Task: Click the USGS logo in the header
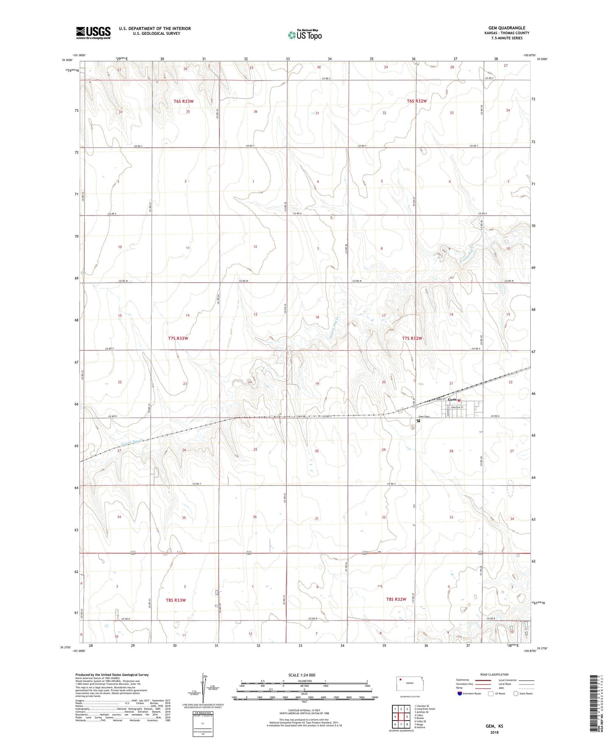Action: pos(93,33)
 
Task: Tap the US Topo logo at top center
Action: pos(305,34)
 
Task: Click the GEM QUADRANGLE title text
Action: pos(507,28)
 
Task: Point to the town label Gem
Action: pos(452,399)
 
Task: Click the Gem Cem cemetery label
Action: pos(424,416)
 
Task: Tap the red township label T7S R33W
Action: pos(178,338)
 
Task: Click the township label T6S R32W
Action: pos(417,101)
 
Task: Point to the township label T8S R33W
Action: pos(176,600)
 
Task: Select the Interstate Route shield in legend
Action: pos(460,693)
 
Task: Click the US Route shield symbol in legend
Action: pos(491,693)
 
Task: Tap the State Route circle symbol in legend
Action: pos(516,693)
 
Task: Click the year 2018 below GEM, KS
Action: pos(494,732)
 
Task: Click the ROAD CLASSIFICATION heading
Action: pos(494,674)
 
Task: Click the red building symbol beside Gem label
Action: pos(459,400)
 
